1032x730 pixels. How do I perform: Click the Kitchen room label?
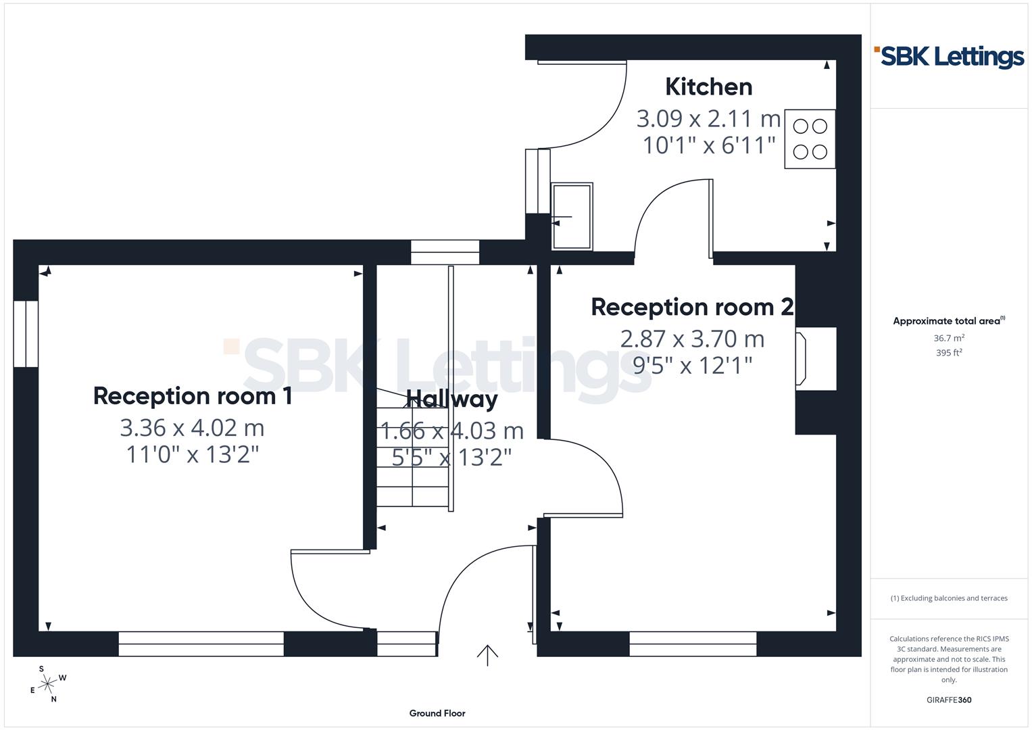(x=708, y=87)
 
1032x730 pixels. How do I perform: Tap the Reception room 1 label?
(x=193, y=396)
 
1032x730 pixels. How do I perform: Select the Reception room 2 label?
(x=692, y=307)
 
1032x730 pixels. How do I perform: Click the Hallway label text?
(x=451, y=399)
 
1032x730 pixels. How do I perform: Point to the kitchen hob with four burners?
(x=810, y=139)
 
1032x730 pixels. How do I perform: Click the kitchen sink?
(x=572, y=216)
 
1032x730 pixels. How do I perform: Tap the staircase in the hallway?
(x=412, y=453)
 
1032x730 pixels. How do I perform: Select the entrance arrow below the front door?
(x=487, y=655)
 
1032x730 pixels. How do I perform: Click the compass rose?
(x=47, y=685)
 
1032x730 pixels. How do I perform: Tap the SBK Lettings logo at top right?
(x=950, y=57)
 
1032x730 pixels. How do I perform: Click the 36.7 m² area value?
(x=949, y=338)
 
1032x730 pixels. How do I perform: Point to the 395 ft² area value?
(x=949, y=353)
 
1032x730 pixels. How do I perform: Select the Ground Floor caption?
(x=437, y=713)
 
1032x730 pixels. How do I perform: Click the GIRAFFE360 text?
(x=949, y=700)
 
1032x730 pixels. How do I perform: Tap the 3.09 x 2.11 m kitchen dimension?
(x=708, y=119)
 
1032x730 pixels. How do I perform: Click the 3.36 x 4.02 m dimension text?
(x=192, y=428)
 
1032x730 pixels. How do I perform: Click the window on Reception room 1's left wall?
(x=26, y=334)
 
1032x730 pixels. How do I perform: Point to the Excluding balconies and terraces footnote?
(x=949, y=598)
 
